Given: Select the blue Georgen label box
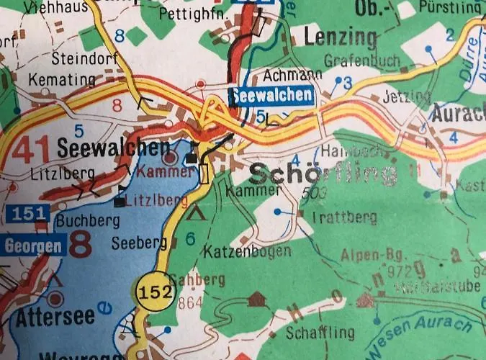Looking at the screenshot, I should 33,245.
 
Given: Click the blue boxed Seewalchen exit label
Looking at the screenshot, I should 273,95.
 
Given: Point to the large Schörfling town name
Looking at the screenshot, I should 323,174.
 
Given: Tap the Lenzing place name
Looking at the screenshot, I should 341,37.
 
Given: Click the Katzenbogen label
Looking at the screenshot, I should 247,251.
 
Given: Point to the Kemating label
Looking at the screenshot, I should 61,79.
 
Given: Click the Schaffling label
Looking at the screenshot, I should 320,333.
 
